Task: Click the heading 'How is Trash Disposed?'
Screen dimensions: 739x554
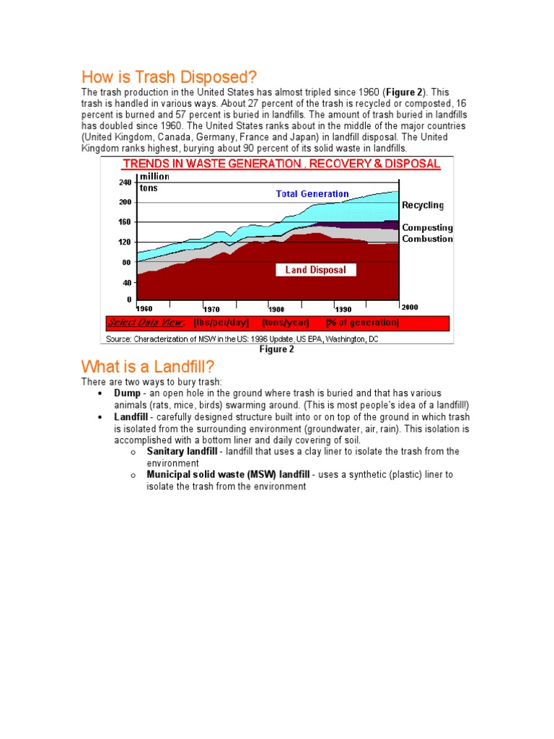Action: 169,76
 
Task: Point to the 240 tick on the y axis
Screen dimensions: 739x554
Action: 125,183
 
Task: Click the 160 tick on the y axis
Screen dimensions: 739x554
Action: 125,222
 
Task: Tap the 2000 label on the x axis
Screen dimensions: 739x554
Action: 410,307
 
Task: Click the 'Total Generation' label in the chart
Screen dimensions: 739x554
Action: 312,193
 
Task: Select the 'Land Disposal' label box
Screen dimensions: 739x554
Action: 315,270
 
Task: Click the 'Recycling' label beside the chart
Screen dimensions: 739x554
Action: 423,206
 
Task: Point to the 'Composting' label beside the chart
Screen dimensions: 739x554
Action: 427,227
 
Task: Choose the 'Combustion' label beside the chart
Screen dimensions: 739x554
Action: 427,238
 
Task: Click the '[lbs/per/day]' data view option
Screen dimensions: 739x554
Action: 221,323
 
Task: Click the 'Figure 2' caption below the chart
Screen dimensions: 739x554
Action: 277,350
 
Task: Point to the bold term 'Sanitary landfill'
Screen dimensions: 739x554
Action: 181,451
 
